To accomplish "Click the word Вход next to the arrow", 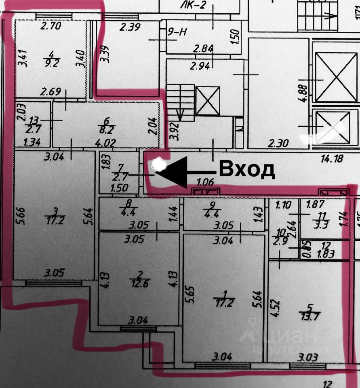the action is (x=247, y=169).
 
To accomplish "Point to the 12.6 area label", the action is (x=139, y=283).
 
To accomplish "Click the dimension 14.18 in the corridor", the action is (x=332, y=158).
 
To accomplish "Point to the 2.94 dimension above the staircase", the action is (x=201, y=66).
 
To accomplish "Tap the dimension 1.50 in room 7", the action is (x=119, y=188).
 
